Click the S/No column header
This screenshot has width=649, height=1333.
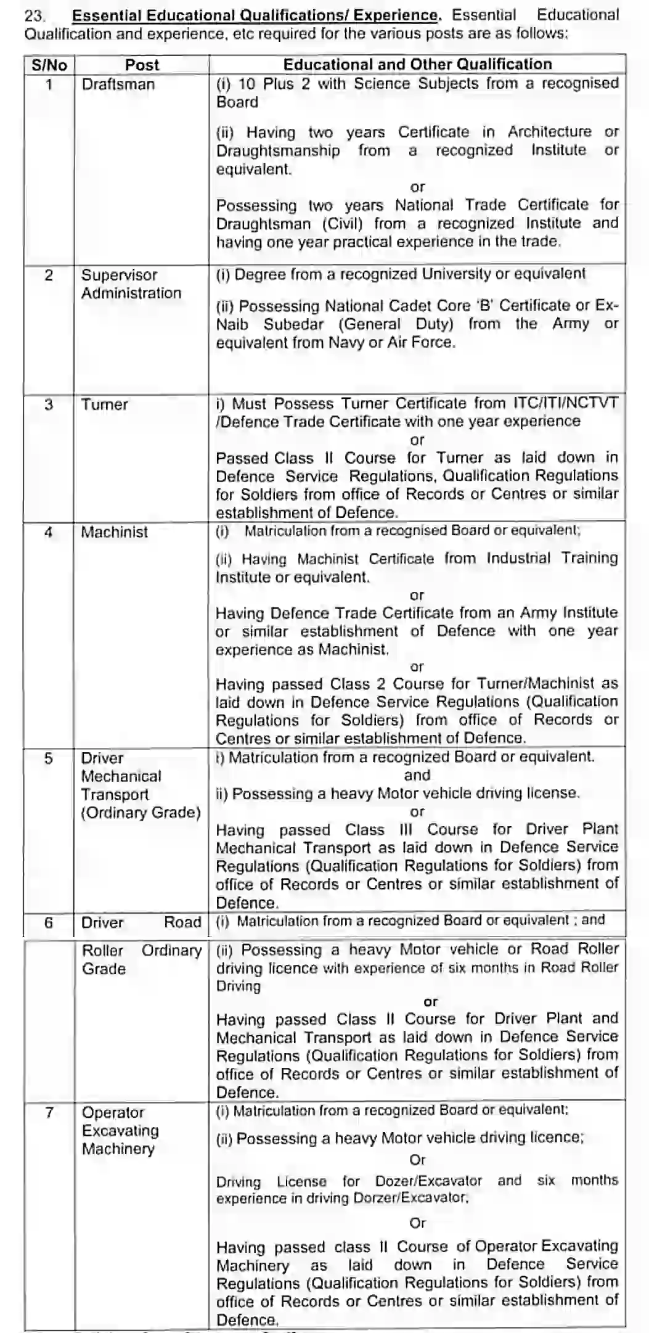click(x=49, y=65)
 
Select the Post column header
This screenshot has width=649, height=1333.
click(x=142, y=65)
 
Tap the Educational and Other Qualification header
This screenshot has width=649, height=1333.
click(x=417, y=64)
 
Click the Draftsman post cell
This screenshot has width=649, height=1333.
click(x=118, y=84)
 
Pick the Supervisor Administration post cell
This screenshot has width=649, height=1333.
click(x=131, y=284)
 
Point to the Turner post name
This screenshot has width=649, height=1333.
click(x=105, y=405)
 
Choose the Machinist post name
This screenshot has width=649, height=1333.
click(x=115, y=532)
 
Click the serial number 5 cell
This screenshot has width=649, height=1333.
click(x=49, y=758)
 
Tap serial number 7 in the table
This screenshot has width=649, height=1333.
click(x=49, y=1112)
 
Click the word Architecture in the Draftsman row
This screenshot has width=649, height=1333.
click(x=549, y=132)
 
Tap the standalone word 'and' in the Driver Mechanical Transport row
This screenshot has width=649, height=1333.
click(x=417, y=775)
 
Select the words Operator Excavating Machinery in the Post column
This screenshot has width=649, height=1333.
click(x=120, y=1130)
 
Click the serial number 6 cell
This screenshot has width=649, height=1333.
click(x=49, y=922)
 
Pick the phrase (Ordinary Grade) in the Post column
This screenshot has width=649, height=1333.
click(x=141, y=813)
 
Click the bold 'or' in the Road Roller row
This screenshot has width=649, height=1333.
click(x=430, y=1002)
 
